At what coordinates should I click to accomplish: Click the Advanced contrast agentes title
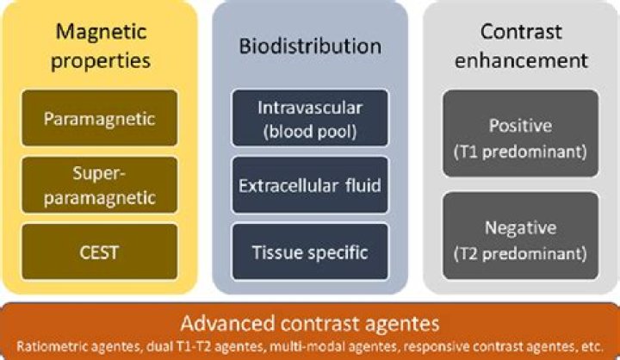(310, 324)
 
